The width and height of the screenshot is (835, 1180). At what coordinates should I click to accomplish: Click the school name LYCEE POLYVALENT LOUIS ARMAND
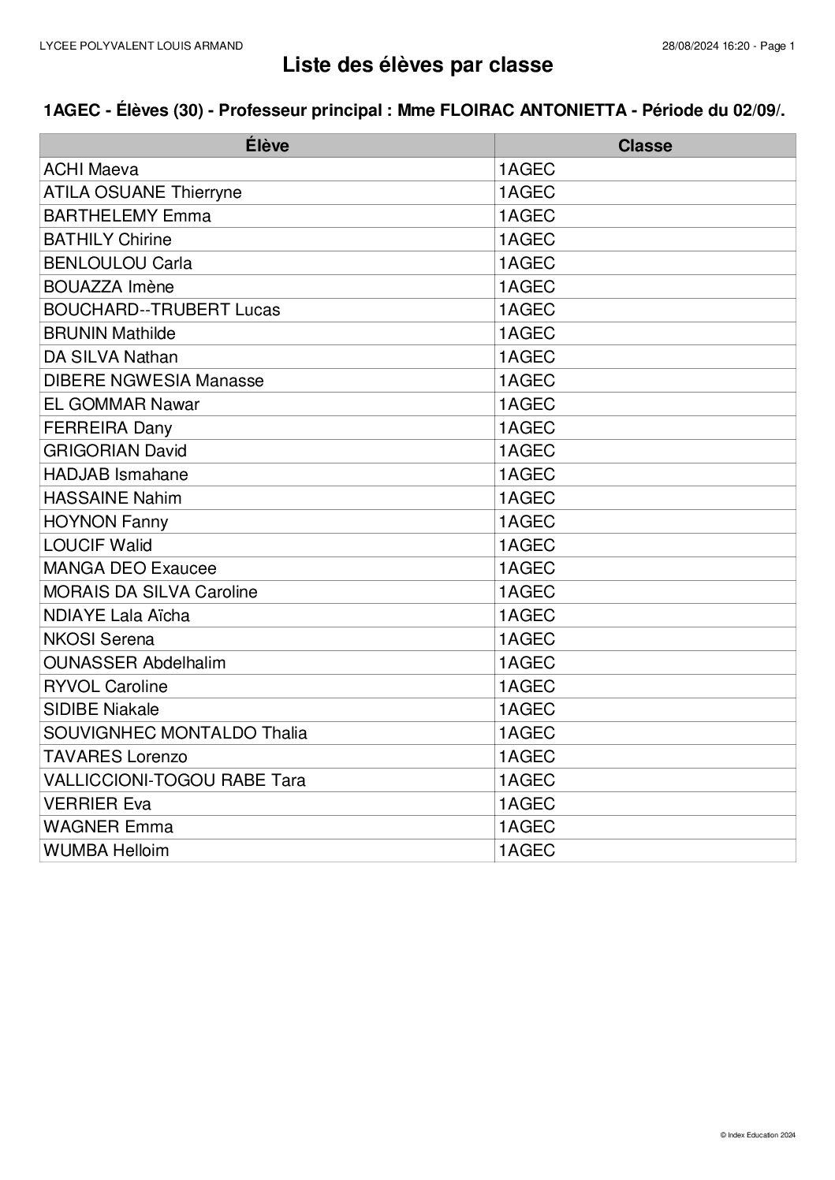(x=141, y=47)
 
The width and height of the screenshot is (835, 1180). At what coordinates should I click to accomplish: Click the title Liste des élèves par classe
(x=417, y=66)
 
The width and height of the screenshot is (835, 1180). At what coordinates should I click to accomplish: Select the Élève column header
(x=267, y=146)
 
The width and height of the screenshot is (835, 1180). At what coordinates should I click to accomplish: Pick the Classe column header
(x=644, y=146)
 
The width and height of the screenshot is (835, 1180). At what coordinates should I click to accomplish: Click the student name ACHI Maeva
(x=91, y=169)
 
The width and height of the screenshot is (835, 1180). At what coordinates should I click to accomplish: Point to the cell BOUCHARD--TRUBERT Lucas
(x=162, y=310)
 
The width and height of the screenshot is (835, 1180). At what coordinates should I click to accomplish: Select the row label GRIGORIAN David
(x=115, y=451)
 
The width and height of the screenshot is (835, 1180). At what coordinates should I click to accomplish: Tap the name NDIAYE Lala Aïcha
(x=117, y=616)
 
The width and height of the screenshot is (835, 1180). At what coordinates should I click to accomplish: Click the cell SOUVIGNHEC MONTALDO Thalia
(x=175, y=733)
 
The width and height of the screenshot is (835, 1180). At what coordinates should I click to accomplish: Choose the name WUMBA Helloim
(x=106, y=851)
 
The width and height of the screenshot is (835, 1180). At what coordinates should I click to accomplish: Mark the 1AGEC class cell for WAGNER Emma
(x=527, y=827)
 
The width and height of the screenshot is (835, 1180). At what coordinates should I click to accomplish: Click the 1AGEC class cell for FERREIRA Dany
(x=527, y=428)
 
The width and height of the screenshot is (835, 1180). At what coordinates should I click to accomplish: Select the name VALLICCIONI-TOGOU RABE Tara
(x=174, y=780)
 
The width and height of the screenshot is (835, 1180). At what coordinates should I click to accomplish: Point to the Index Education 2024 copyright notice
(x=758, y=1135)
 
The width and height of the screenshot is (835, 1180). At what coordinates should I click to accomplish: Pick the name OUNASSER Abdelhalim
(x=135, y=663)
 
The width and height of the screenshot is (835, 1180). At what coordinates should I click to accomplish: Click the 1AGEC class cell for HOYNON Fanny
(x=527, y=522)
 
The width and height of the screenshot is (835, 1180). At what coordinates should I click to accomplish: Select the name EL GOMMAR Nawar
(x=121, y=404)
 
